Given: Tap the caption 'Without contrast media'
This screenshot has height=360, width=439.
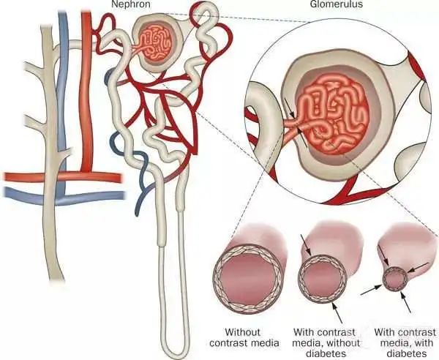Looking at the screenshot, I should (242, 337).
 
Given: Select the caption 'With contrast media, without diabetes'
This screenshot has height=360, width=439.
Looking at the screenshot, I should (322, 342).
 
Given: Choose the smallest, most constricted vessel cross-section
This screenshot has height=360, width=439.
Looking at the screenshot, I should (396, 279).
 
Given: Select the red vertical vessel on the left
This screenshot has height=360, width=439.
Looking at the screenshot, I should (86, 88).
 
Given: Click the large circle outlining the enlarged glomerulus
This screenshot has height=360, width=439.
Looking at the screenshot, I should (252, 88).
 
